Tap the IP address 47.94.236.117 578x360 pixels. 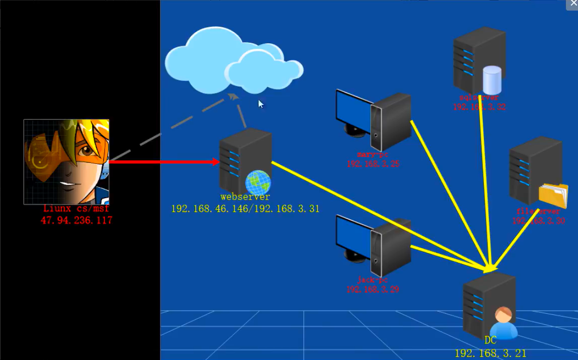76,220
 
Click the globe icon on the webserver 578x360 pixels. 258,183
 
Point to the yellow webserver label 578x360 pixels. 245,197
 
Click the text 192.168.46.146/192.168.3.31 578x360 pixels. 245,209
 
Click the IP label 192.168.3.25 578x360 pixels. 373,164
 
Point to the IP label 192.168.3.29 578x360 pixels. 372,290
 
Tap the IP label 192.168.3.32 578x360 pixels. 479,107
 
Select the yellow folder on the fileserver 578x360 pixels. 553,196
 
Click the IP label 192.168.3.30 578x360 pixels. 538,221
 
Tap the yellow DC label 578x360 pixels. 490,341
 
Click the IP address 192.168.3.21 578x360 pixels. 490,353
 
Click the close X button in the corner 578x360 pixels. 573,4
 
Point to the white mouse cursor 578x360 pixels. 261,104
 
